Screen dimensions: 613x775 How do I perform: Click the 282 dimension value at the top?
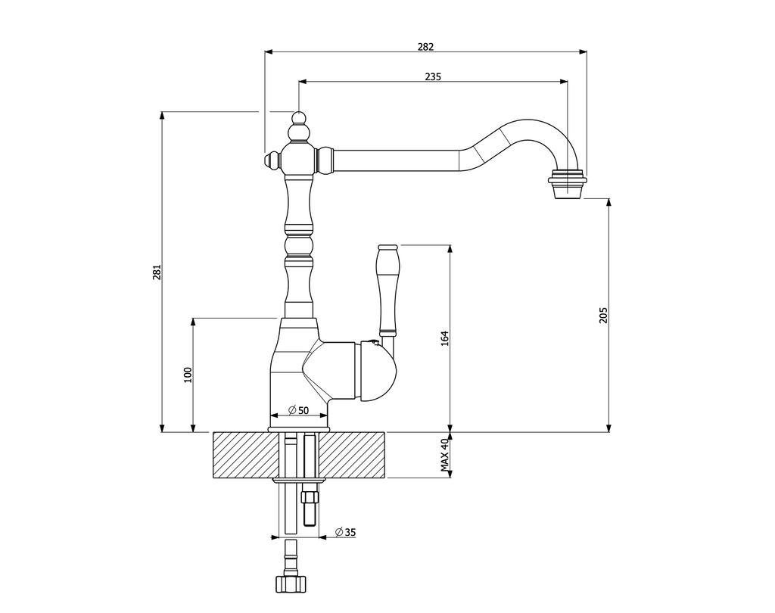[x=425, y=46]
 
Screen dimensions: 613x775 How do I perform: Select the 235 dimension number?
[x=433, y=76]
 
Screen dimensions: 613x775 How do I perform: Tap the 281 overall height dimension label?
[x=157, y=272]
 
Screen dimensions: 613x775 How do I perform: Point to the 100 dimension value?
[x=188, y=375]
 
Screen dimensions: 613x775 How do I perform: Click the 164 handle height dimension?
[x=445, y=338]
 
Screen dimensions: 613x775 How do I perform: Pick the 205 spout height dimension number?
[x=603, y=315]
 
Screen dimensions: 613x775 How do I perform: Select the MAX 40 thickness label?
[x=446, y=456]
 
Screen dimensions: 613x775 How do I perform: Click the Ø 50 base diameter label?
[x=299, y=410]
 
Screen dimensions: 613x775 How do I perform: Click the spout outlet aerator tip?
[x=567, y=185]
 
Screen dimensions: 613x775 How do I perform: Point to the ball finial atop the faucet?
[x=300, y=119]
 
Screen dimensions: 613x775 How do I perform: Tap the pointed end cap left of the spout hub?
[x=270, y=161]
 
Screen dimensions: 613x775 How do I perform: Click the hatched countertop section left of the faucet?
[x=242, y=455]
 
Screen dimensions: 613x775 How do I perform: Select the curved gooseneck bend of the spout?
[x=530, y=132]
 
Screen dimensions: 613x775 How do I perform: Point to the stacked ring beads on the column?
[x=299, y=244]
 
